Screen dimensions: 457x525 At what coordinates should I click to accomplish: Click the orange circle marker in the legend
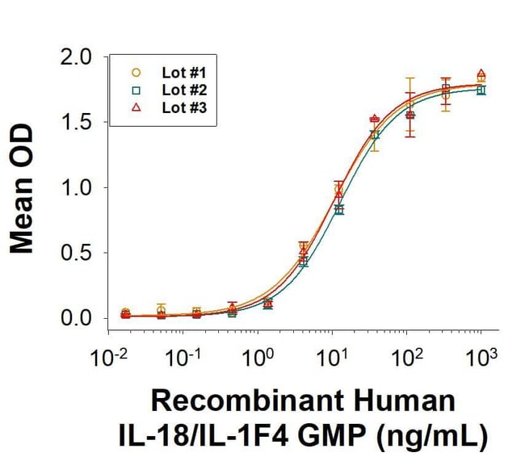click(136, 72)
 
